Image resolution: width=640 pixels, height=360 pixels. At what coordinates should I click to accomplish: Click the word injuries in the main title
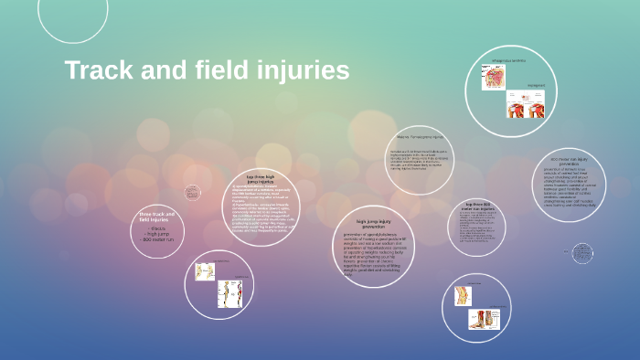tap(304, 70)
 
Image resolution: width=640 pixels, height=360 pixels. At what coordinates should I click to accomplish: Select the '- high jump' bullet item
tap(159, 233)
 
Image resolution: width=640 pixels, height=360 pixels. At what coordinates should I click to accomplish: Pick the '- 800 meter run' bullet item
tap(159, 238)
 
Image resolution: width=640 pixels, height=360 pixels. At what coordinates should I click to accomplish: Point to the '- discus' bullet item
tap(157, 228)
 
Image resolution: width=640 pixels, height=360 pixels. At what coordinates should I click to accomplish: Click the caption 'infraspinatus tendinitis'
tap(510, 61)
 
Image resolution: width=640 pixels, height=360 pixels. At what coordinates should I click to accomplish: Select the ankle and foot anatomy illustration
tap(481, 319)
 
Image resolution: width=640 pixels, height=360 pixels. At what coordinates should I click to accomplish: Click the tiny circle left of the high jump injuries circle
tap(192, 192)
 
